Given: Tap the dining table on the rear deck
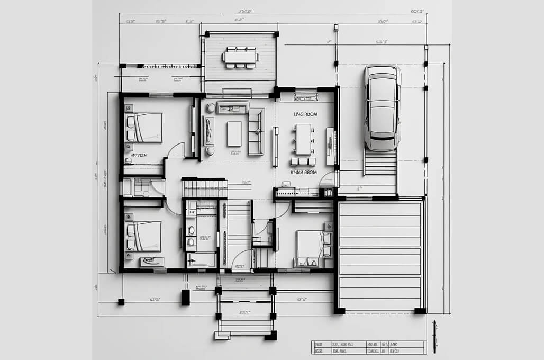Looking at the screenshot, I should [x=241, y=57].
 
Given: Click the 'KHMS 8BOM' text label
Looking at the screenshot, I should [x=304, y=172].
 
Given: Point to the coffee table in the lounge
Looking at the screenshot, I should [x=234, y=133].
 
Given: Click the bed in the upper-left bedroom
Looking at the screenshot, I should [x=144, y=128].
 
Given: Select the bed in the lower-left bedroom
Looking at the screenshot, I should [x=143, y=236].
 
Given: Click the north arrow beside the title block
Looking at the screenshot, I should [x=434, y=336].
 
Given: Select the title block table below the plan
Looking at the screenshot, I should [x=367, y=347].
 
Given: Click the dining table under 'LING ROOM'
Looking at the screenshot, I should [x=303, y=139].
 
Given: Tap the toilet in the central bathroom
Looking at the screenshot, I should [x=191, y=231].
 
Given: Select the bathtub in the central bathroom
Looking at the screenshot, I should [x=201, y=260].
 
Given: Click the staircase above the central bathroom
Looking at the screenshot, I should [x=204, y=188].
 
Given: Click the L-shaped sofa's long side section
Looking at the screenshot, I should [x=257, y=131].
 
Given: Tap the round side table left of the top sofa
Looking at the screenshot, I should [x=211, y=108].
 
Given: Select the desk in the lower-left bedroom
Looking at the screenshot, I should [x=152, y=261].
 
